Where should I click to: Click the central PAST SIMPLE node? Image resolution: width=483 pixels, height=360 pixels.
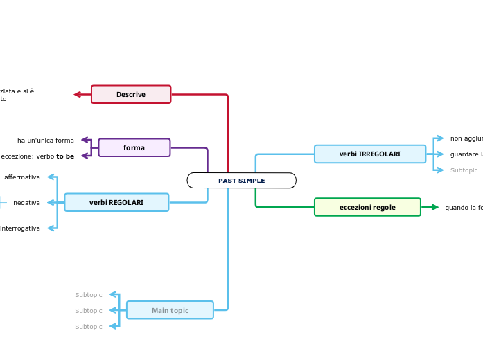click(241, 181)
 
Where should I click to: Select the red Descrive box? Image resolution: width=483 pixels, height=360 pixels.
click(131, 94)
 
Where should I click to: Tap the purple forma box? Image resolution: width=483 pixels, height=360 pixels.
click(134, 147)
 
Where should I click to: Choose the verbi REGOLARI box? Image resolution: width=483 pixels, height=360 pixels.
click(116, 202)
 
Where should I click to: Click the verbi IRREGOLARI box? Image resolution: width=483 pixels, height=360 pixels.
click(369, 154)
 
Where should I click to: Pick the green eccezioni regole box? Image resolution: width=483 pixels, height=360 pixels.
click(367, 207)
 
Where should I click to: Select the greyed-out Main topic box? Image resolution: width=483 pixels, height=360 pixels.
click(170, 310)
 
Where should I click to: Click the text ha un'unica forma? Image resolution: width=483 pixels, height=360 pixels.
click(46, 141)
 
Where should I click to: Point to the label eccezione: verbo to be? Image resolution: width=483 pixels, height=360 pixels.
click(37, 156)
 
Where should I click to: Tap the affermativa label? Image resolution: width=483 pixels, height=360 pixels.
click(22, 177)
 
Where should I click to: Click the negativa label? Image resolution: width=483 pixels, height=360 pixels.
click(26, 203)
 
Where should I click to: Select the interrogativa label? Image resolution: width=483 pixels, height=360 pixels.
click(20, 228)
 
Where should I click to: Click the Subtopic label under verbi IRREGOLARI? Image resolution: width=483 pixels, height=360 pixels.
click(464, 170)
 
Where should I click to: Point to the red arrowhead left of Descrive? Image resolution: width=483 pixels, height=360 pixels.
click(78, 94)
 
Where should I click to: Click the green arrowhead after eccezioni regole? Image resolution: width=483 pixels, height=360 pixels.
click(434, 207)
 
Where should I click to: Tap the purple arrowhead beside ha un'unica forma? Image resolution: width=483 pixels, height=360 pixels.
click(85, 140)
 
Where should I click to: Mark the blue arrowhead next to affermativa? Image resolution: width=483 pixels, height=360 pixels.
click(51, 177)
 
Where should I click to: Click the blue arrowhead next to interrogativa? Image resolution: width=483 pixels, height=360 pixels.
click(51, 228)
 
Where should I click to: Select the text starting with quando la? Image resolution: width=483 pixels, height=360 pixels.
click(464, 208)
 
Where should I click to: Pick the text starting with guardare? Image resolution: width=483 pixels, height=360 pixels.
click(466, 154)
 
